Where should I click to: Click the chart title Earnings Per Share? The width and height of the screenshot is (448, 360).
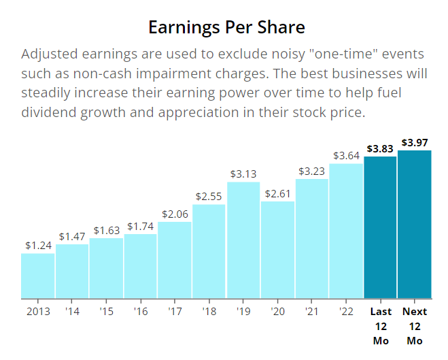point(227,28)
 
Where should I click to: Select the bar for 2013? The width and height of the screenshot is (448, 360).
point(38,276)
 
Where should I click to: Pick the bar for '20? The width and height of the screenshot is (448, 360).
point(278,250)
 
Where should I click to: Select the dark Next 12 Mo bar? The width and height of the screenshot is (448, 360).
point(415,225)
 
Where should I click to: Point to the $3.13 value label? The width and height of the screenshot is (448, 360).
point(243,174)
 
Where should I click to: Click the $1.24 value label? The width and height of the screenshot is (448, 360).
point(38,245)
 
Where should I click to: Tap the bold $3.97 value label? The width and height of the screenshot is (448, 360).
point(415,142)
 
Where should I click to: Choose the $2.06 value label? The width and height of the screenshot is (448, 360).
point(175,214)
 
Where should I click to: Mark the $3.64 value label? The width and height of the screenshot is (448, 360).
point(346,155)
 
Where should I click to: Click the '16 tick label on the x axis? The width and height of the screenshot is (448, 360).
point(141,312)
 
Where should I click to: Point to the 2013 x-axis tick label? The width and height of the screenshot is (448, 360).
point(38,312)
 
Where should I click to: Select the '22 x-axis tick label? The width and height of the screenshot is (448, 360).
point(346,312)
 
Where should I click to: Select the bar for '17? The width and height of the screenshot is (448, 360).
point(175,260)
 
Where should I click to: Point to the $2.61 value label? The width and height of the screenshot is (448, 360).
point(278,193)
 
